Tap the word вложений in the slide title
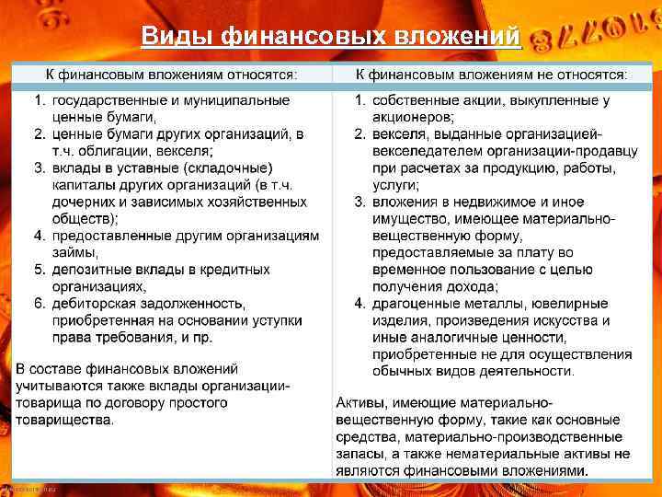(470, 36)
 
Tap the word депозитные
(95, 270)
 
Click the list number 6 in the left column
(39, 304)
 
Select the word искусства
(560, 320)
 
